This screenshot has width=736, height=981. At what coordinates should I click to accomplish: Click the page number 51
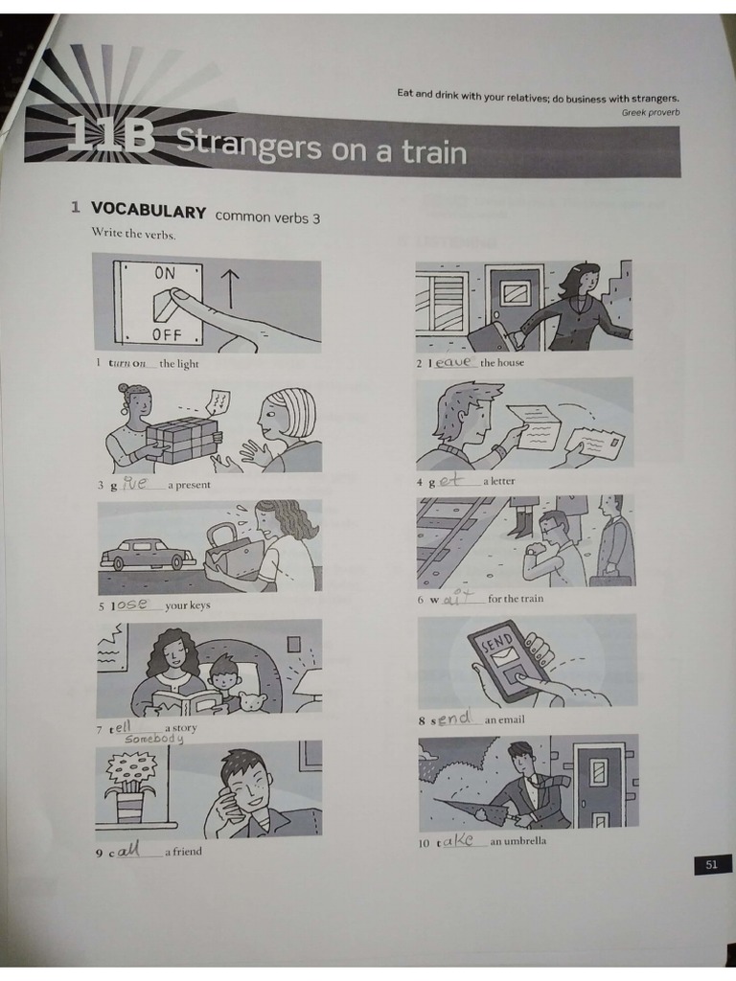pos(711,865)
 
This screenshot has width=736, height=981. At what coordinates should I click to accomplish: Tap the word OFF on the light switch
pos(167,334)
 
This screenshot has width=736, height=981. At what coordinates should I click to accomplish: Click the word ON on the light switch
pos(165,273)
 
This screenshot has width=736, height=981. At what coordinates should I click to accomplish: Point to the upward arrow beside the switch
pos(230,287)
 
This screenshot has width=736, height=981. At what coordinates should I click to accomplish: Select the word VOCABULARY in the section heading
pos(149,212)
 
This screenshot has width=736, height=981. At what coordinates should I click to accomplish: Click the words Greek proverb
pos(651,113)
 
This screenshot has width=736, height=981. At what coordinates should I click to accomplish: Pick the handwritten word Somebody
pos(154,739)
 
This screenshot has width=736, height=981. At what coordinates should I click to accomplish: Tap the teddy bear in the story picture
pos(253,702)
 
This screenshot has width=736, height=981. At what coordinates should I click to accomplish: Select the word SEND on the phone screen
pos(497,644)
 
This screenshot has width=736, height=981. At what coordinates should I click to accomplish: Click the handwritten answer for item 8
pos(454,719)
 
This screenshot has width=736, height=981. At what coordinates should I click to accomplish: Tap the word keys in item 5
pos(198,605)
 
